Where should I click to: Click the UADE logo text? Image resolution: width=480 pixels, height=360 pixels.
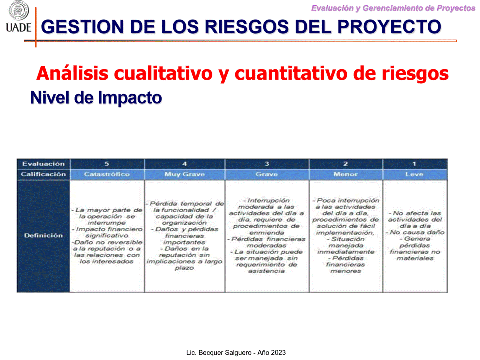(x=18, y=27)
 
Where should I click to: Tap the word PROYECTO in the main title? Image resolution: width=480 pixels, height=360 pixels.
(x=389, y=26)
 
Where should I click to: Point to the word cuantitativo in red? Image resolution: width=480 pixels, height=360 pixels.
(x=291, y=73)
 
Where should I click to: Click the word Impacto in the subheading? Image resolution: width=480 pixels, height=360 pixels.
(x=130, y=98)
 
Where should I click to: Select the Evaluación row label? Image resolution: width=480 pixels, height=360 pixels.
(x=43, y=164)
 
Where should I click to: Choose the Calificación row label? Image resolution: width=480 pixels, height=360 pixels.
(x=43, y=174)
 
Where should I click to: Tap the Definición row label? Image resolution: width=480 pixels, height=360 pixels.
(x=43, y=235)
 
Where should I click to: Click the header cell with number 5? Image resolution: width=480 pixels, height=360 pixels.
(x=107, y=164)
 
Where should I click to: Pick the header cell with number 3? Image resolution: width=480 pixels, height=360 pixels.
(x=267, y=164)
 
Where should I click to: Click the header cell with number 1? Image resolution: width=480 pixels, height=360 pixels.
(x=415, y=164)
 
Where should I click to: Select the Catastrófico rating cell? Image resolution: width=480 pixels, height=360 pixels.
(x=107, y=174)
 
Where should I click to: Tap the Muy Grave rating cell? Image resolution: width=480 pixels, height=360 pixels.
(x=185, y=174)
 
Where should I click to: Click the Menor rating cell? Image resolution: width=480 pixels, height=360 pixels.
(x=346, y=174)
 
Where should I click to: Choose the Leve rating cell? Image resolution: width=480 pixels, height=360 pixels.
(x=415, y=174)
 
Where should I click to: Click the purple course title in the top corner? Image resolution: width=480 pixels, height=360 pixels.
(x=393, y=8)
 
